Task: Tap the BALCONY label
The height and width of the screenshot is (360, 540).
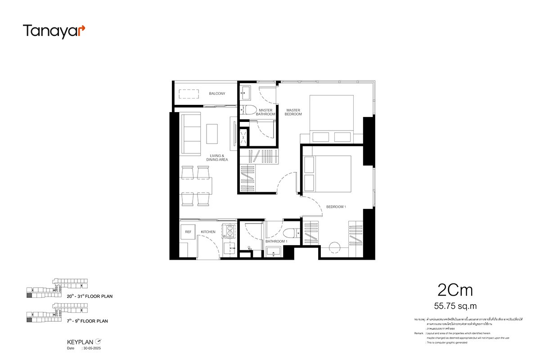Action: (217, 94)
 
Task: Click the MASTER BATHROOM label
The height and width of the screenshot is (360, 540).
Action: (265, 112)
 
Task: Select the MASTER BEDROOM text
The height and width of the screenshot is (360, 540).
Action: (293, 112)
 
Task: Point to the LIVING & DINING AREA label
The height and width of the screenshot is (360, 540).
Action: (217, 157)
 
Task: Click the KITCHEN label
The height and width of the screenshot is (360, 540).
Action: (208, 232)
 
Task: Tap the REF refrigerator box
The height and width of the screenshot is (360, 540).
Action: (188, 232)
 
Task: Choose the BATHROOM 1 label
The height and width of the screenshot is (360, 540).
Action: (276, 242)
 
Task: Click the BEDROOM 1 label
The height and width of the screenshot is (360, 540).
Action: (336, 207)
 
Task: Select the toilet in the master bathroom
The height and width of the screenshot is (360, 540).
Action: (248, 109)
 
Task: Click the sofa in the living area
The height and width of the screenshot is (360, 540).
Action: (190, 133)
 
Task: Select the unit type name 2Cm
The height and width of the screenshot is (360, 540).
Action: (455, 290)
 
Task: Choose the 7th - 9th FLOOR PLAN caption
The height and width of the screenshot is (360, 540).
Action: (88, 321)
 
